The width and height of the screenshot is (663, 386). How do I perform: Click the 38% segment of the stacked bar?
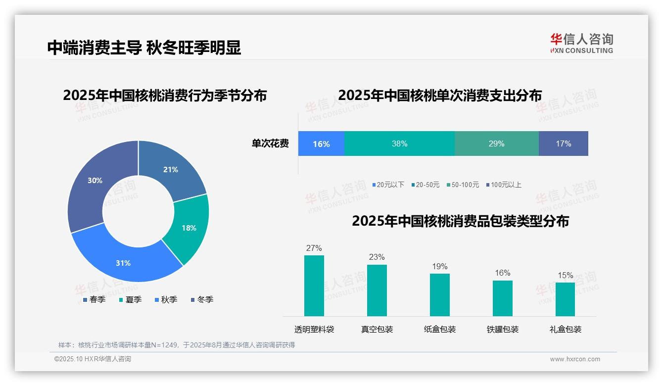[x=399, y=144]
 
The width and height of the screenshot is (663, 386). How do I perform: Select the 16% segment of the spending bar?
[x=321, y=144]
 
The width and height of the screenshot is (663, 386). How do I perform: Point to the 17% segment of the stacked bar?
[x=564, y=144]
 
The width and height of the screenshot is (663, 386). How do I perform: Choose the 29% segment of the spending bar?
[x=496, y=144]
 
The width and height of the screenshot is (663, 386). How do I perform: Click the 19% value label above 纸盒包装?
[x=439, y=267]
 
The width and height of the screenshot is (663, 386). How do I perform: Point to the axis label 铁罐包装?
[x=502, y=329]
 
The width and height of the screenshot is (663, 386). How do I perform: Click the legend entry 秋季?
[x=166, y=299]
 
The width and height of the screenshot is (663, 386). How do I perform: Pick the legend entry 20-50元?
[x=425, y=185]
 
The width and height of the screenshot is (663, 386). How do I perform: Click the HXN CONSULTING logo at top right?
[x=581, y=43]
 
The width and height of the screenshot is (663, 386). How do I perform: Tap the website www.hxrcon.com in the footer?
[x=574, y=359]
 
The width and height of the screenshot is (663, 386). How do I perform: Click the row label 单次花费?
[x=270, y=144]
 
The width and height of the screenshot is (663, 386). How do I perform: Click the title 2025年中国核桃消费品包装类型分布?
[x=460, y=221]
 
